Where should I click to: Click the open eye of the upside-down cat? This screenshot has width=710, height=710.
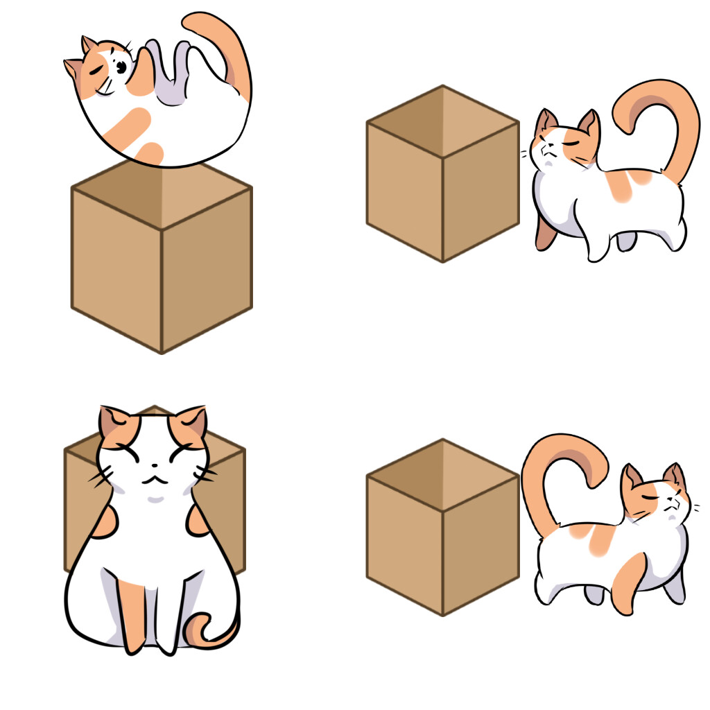pyautogui.click(x=121, y=67)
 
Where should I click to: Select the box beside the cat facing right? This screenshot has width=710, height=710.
pyautogui.click(x=442, y=534)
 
